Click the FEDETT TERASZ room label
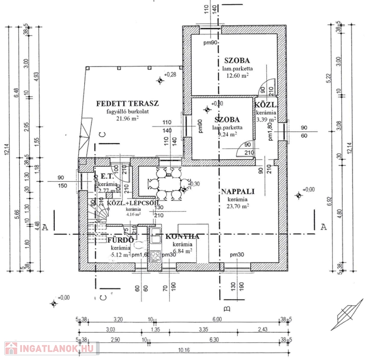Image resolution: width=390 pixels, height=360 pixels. tap(128, 103)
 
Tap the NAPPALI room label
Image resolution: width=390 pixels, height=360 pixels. tap(237, 191)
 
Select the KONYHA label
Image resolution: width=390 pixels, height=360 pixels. tap(182, 237)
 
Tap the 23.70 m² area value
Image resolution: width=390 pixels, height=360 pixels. tap(237, 205)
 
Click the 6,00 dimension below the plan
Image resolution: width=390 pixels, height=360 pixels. tap(217, 320)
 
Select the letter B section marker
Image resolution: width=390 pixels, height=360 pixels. tap(226, 308)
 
